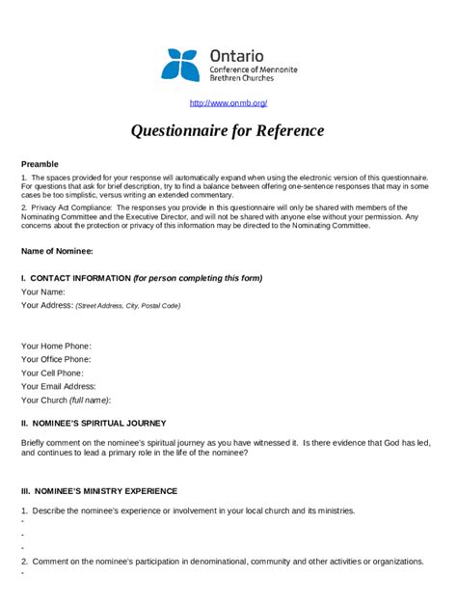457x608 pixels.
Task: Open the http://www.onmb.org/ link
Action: point(228,102)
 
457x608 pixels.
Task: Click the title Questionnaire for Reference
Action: point(228,131)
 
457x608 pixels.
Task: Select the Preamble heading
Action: point(40,164)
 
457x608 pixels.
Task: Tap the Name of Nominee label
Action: point(57,251)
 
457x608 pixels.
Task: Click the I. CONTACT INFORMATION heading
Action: point(75,278)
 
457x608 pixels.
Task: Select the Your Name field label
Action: point(43,291)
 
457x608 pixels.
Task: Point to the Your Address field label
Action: point(47,305)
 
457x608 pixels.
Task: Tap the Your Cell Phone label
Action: point(53,373)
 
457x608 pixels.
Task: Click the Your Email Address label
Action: point(58,386)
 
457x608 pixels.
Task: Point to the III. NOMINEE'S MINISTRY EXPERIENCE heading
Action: point(99,490)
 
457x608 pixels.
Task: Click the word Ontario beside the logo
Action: point(236,56)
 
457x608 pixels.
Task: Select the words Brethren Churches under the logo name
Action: point(241,78)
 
